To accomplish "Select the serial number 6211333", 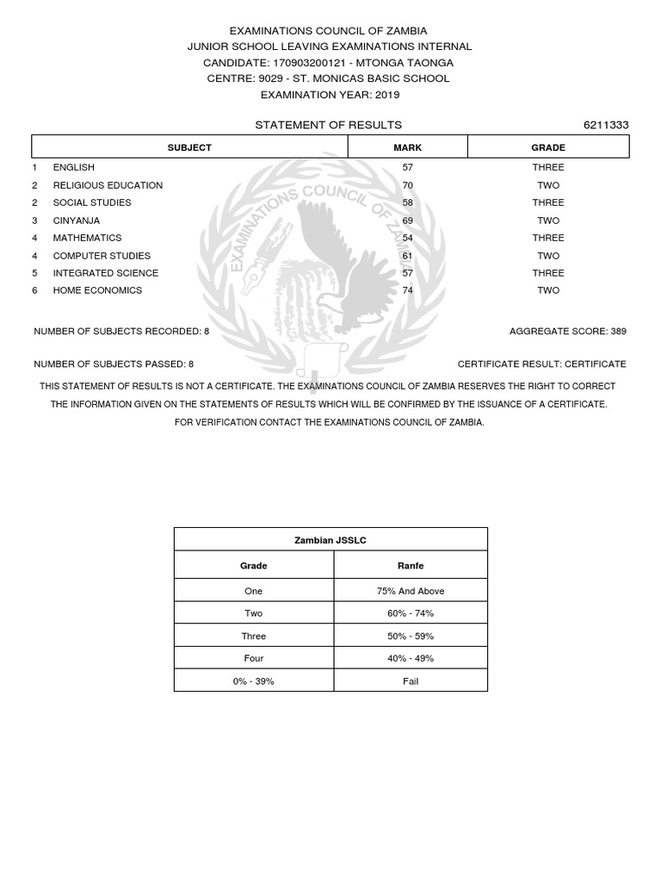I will [606, 125].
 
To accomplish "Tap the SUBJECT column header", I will [189, 147].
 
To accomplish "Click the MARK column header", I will [408, 147].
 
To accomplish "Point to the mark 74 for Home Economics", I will [408, 290].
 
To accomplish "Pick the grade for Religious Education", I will [548, 185].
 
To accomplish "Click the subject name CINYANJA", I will [77, 220].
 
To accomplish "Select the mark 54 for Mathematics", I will [408, 238].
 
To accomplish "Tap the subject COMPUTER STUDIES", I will [102, 256].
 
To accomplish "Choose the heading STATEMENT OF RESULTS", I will [328, 125].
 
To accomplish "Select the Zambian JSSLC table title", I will [330, 540].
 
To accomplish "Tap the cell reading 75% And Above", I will [411, 591].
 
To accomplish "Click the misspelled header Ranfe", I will [411, 566].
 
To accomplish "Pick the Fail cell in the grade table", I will [411, 681].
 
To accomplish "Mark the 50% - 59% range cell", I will [411, 636].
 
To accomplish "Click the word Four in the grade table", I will [253, 658].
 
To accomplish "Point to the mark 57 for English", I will [408, 167].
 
